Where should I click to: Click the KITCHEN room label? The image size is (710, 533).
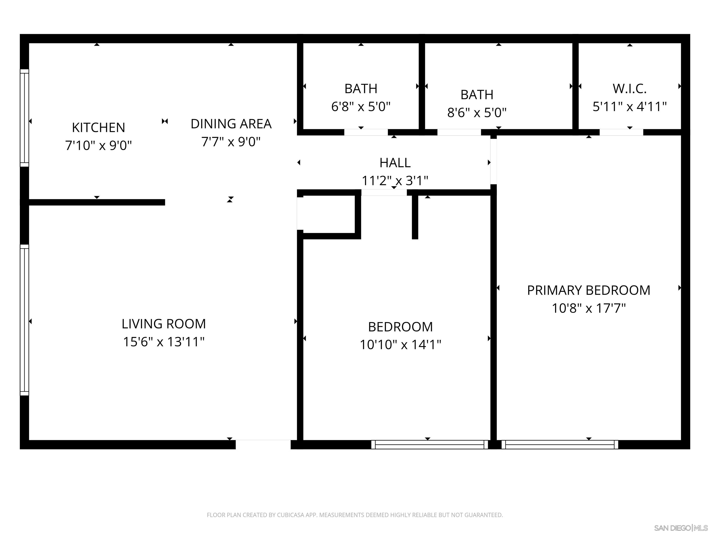tap(98, 127)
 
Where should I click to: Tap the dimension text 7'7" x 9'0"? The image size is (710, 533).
tap(231, 142)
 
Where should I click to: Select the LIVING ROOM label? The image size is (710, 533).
tap(164, 324)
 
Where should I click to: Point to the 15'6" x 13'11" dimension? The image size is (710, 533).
tap(164, 342)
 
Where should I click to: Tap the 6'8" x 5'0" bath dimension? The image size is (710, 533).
tap(361, 107)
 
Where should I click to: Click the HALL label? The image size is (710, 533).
tap(395, 163)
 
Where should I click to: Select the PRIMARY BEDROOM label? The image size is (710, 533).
tap(589, 290)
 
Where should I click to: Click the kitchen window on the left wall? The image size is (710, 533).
tap(24, 118)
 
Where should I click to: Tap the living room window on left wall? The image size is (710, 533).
tap(24, 320)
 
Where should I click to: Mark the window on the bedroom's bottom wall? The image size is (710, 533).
tap(429, 445)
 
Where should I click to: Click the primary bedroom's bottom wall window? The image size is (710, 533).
tap(560, 445)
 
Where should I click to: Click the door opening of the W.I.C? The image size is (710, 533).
tap(621, 132)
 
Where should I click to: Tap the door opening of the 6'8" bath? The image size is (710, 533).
tap(366, 132)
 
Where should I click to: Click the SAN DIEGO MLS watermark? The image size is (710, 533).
tap(680, 528)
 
